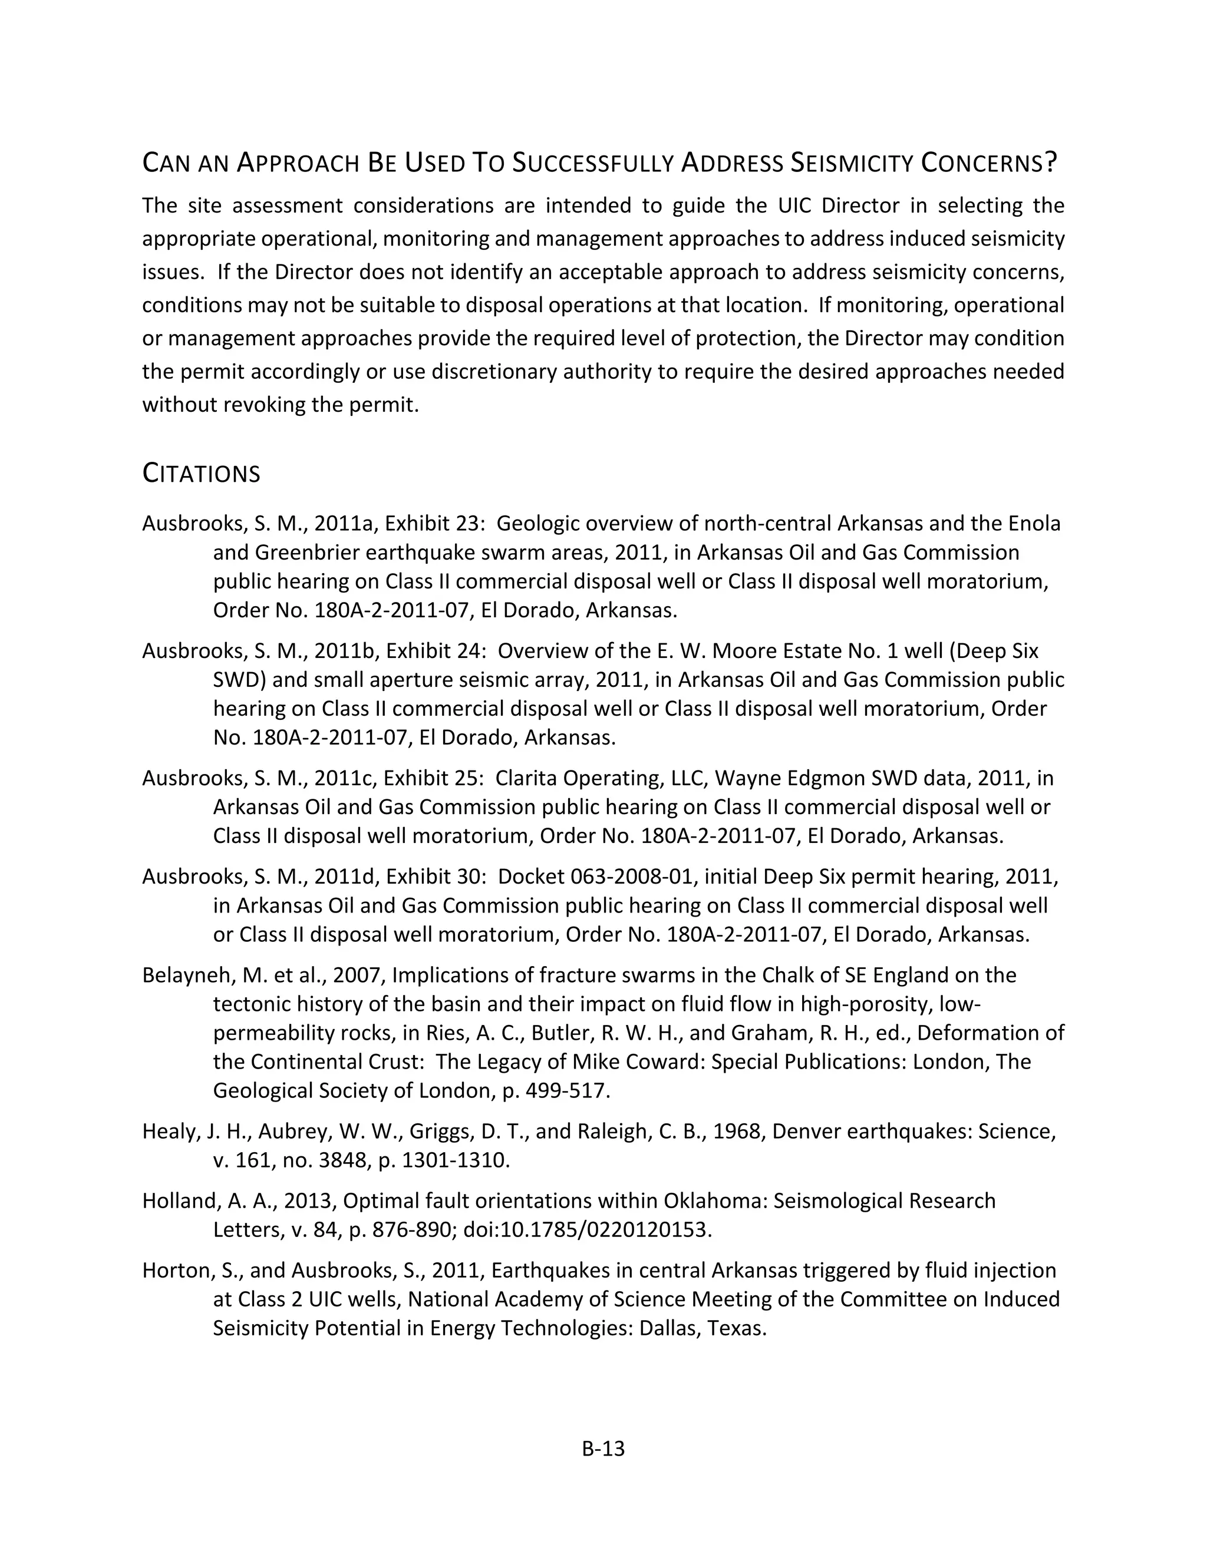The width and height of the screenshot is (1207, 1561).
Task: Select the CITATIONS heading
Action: click(x=201, y=474)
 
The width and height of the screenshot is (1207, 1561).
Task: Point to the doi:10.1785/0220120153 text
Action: click(x=587, y=1229)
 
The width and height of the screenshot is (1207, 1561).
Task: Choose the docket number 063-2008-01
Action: click(x=630, y=877)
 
